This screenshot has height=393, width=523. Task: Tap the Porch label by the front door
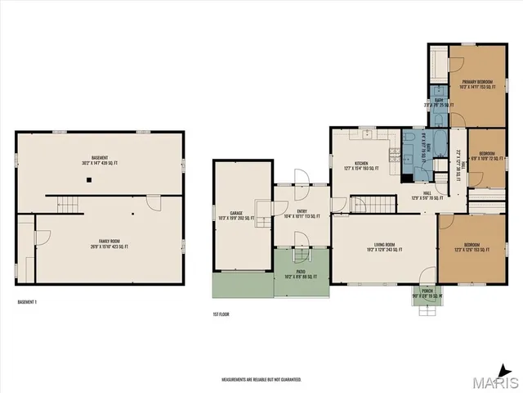point(426,292)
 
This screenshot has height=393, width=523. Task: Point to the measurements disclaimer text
point(261,380)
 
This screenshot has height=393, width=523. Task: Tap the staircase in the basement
point(69,202)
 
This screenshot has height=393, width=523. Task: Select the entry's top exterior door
point(300,177)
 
